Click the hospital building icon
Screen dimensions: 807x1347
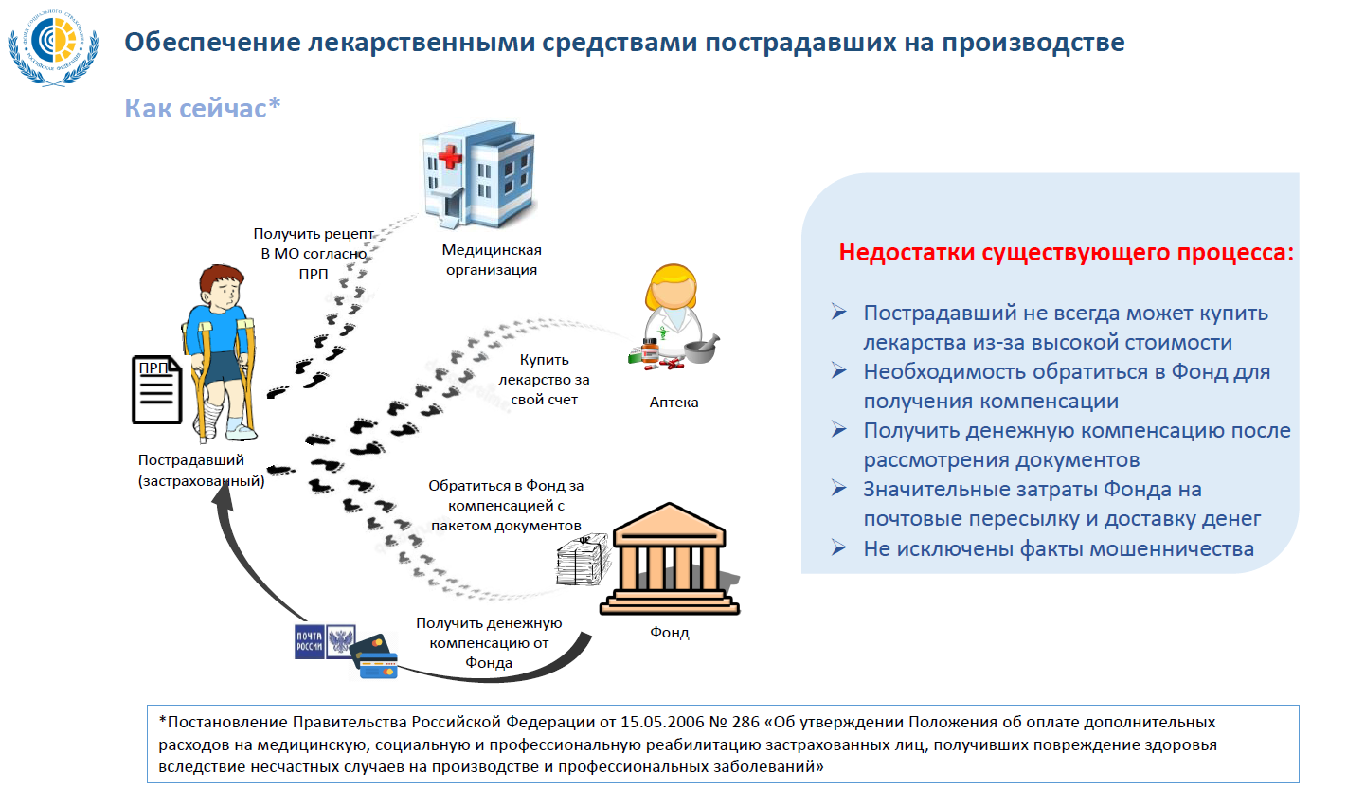477,176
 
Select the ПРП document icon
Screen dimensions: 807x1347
156,389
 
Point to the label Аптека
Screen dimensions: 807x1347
673,403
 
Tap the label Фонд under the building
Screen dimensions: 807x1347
669,632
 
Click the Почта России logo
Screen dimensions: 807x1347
325,641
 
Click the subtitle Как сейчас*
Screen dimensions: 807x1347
203,108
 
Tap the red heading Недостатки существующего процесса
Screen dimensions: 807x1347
1066,253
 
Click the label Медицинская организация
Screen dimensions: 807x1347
492,260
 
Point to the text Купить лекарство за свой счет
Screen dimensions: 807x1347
544,380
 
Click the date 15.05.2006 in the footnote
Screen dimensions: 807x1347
662,722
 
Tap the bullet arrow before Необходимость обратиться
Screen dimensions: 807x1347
839,370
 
